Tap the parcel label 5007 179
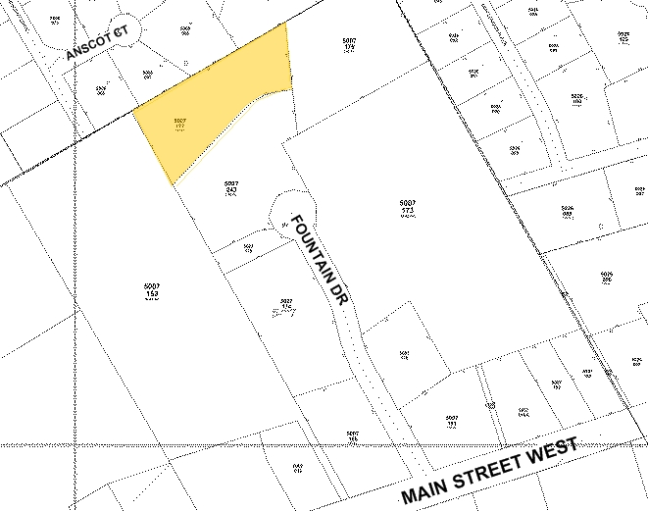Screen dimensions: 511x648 pos(349,43)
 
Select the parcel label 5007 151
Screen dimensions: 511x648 pos(451,422)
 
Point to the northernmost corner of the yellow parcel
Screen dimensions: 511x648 pos(286,24)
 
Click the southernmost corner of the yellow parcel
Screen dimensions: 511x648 pos(173,184)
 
